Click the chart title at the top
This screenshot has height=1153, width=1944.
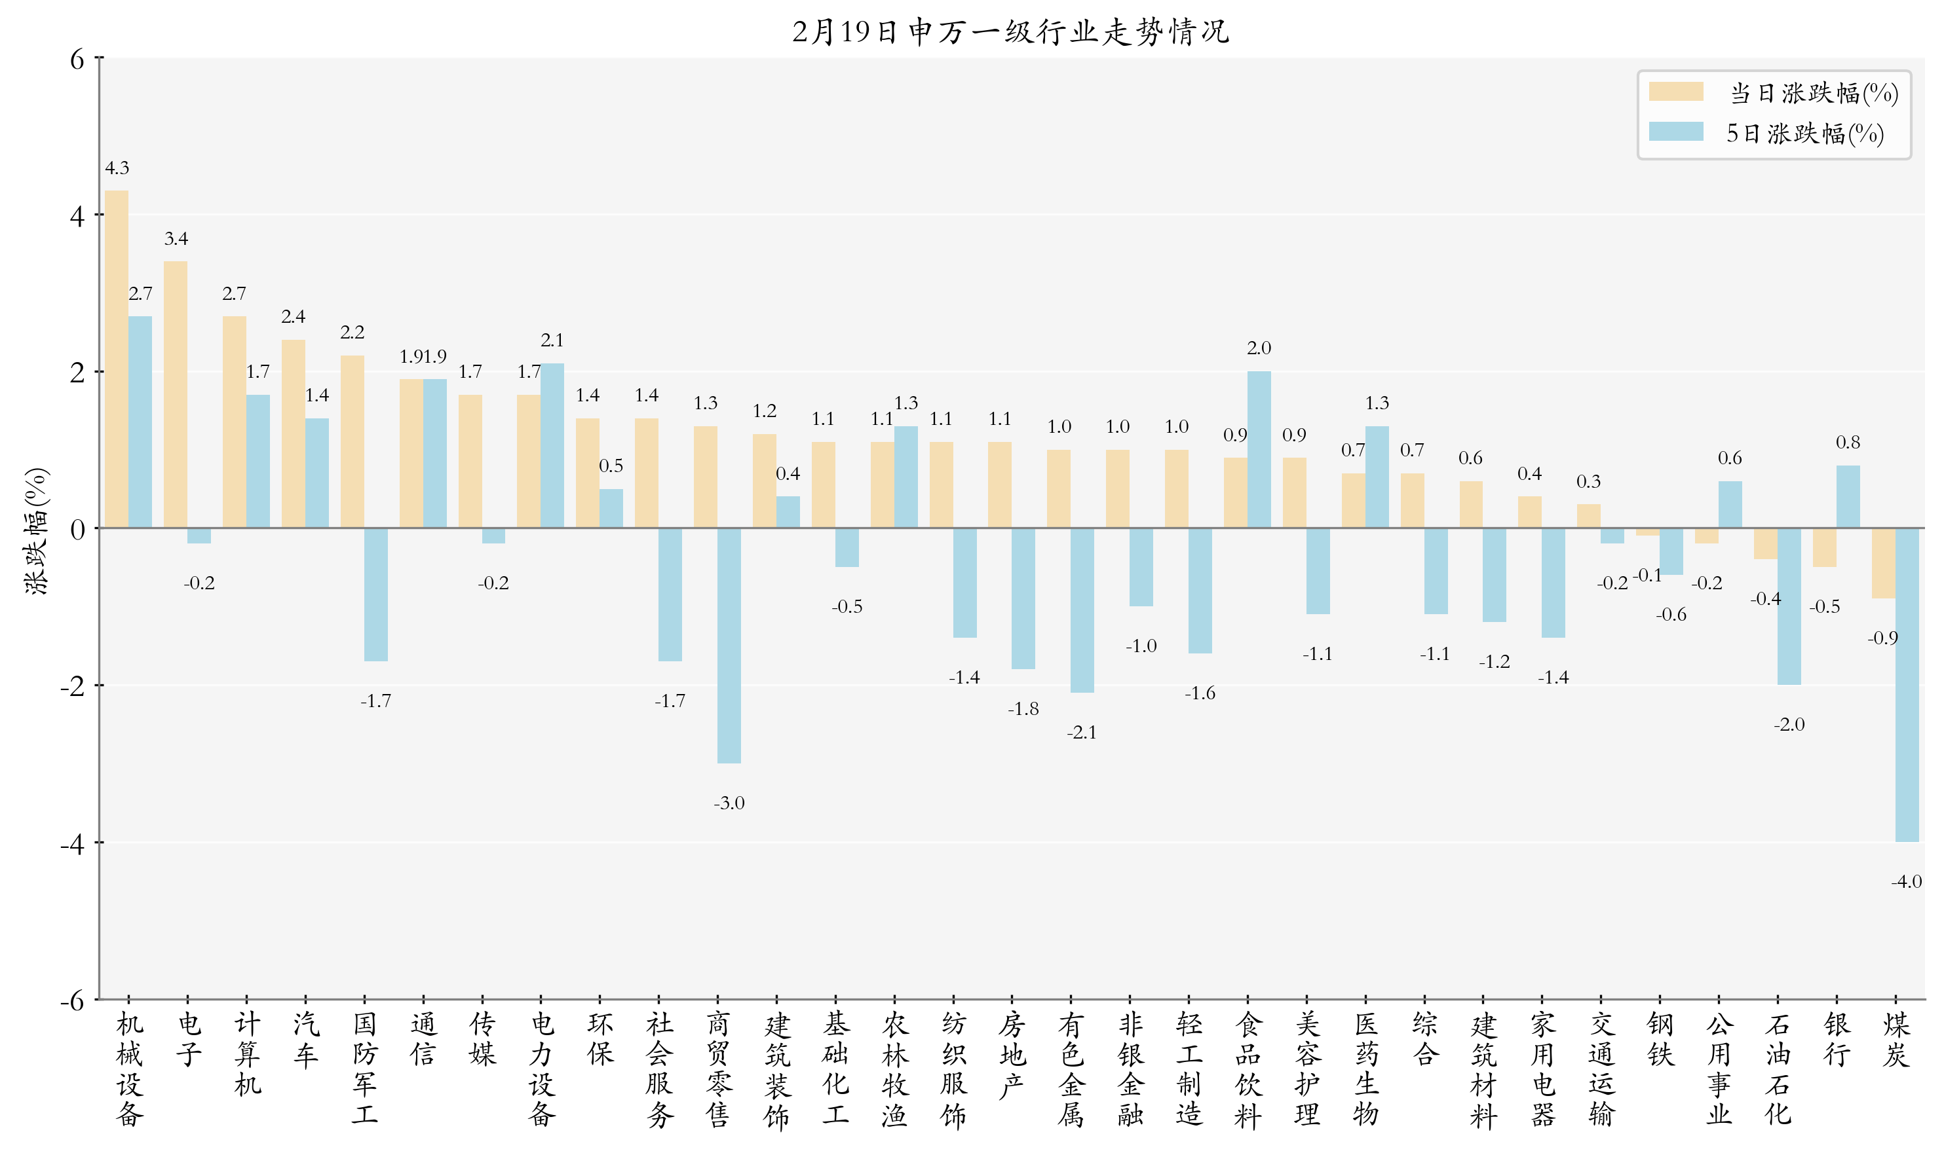click(1010, 32)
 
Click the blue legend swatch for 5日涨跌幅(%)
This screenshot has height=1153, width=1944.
click(1676, 132)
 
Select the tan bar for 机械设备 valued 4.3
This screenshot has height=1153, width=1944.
click(117, 359)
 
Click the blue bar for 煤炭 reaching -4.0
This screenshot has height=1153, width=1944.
click(1907, 686)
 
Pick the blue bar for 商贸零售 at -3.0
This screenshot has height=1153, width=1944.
click(729, 646)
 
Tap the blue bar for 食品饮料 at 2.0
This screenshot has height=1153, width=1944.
click(1259, 450)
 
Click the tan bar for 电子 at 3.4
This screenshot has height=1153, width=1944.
click(176, 395)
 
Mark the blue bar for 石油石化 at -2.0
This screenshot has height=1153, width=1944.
click(1789, 607)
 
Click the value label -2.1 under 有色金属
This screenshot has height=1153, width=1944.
click(1081, 733)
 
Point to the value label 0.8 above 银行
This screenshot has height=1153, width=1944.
click(1848, 443)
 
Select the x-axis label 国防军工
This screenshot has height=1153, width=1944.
click(364, 1069)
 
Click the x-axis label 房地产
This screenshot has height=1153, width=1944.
click(1012, 1055)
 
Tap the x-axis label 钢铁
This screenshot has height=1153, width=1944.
click(1660, 1040)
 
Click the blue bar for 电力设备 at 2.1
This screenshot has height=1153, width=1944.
click(552, 446)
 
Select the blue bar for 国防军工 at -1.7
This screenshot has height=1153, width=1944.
click(375, 595)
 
